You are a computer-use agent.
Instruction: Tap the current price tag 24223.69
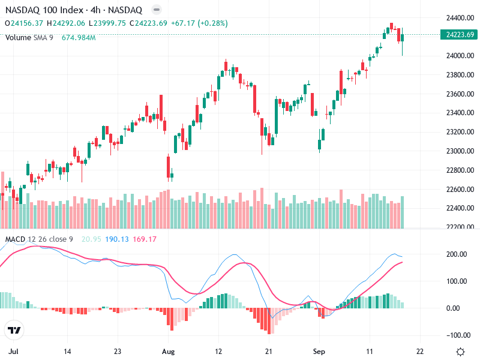click(461, 35)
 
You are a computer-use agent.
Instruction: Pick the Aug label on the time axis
click(168, 352)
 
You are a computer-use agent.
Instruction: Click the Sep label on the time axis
click(319, 352)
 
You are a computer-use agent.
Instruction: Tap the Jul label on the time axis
click(13, 352)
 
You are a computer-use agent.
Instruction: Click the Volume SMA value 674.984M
click(79, 37)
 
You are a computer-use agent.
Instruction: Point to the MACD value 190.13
click(116, 239)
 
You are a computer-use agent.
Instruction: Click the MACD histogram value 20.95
click(91, 239)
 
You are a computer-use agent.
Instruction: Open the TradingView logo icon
click(14, 331)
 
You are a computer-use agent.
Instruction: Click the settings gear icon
click(460, 352)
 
